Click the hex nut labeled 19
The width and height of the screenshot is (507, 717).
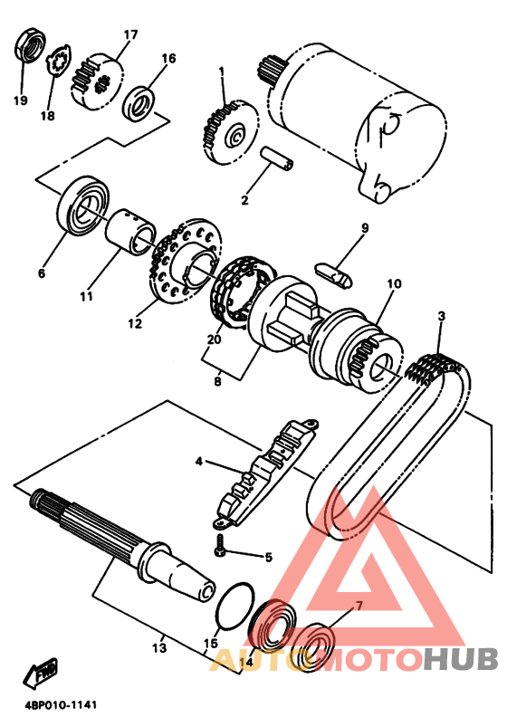click(x=31, y=45)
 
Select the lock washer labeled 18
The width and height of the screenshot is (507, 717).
click(x=59, y=62)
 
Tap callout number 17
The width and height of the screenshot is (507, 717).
click(x=129, y=34)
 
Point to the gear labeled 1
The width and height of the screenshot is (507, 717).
click(x=230, y=131)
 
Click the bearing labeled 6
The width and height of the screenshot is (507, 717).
click(x=84, y=206)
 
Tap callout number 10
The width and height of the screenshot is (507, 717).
click(x=394, y=284)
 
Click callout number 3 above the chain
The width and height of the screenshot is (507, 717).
click(x=441, y=316)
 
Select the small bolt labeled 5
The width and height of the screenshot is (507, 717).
click(x=220, y=546)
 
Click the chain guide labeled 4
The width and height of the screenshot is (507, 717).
click(x=265, y=473)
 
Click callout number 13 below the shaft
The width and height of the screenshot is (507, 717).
click(x=159, y=648)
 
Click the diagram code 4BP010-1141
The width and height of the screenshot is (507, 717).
click(x=54, y=705)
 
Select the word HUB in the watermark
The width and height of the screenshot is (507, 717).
click(x=461, y=659)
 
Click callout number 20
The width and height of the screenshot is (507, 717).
click(x=214, y=339)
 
